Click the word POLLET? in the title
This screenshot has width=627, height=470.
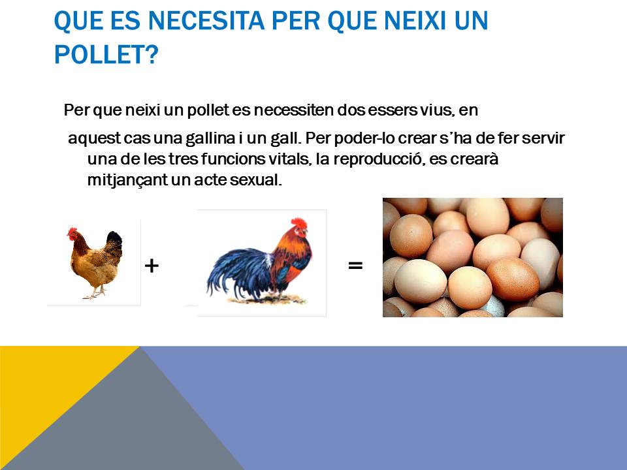click(106, 55)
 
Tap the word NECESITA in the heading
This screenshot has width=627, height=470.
click(206, 21)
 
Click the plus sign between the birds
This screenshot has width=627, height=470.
click(152, 266)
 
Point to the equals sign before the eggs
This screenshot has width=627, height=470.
click(355, 265)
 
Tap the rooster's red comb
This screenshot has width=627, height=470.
click(298, 223)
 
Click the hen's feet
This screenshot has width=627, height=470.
click(94, 293)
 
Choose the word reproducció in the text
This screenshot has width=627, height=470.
click(378, 159)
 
